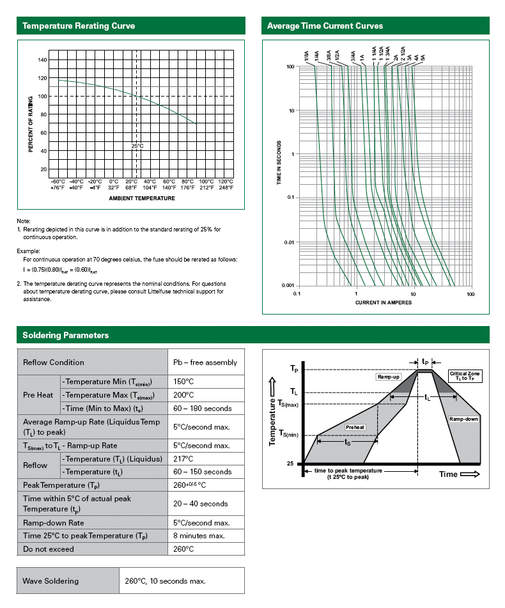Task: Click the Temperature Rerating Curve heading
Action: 79,26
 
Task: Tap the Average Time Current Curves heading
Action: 325,26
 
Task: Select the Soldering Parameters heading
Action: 65,335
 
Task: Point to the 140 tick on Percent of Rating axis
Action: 43,60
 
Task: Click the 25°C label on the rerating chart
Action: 137,146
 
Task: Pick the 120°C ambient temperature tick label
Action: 226,182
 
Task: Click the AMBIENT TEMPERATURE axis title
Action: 142,198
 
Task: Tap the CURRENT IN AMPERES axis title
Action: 384,302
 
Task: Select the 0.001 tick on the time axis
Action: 286,285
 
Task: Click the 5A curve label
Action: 423,57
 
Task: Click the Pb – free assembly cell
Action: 205,362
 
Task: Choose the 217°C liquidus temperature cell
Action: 185,459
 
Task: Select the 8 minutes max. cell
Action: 199,535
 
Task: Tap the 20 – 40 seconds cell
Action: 200,504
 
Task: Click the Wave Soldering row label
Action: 50,581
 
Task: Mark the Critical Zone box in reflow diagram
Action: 465,377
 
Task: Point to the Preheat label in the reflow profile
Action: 355,426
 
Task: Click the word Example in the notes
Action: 28,251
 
